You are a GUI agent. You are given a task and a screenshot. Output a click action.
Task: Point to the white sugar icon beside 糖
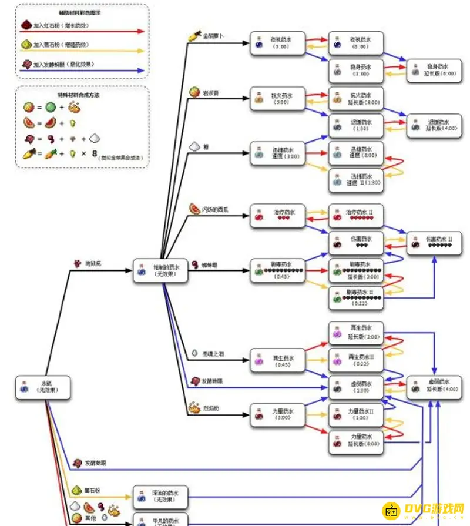coord(195,147)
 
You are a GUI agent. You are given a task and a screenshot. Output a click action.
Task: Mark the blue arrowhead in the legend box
coord(140,70)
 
